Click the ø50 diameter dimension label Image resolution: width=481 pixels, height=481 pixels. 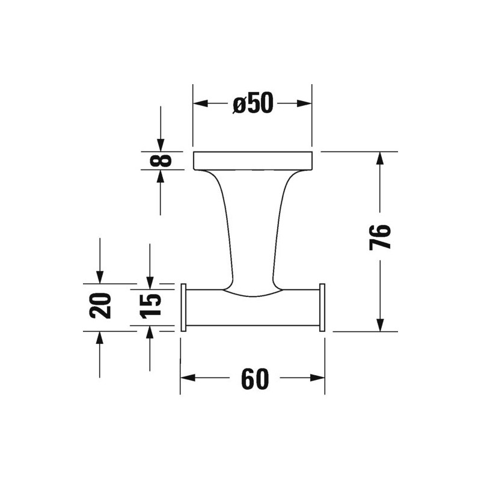pos(253,103)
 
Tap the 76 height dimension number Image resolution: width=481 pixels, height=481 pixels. pos(380,237)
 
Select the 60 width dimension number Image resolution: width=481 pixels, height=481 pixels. pos(254,379)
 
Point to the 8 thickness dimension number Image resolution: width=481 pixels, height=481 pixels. pos(161,161)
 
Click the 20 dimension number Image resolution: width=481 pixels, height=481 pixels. pos(100,305)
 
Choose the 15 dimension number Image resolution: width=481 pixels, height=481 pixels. pos(150,306)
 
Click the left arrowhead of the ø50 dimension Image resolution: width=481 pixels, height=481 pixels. pos(201,103)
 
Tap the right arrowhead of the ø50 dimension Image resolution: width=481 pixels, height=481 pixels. pos(304,103)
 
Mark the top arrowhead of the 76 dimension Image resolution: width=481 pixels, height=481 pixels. pos(380,159)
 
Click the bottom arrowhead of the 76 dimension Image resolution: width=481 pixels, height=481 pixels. pos(380,324)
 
